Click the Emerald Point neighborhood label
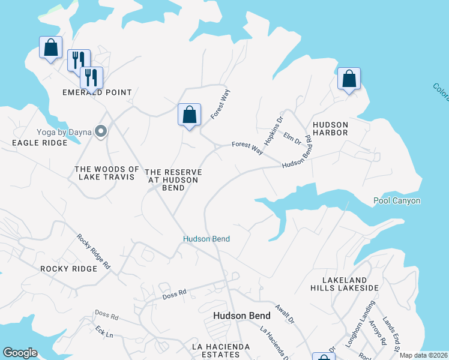pos(97,92)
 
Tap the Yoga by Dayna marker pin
pos(101,131)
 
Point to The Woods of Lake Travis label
pos(107,174)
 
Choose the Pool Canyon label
pos(397,201)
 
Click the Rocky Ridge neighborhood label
pos(68,269)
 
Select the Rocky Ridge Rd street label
pos(94,251)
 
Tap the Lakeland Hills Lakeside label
pos(351,284)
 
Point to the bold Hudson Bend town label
pos(242,316)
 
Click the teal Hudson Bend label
pos(206,239)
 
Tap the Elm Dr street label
pos(292,139)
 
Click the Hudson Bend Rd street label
pos(298,152)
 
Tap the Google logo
pos(20,353)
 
